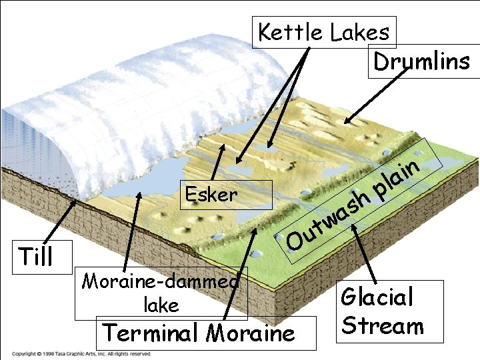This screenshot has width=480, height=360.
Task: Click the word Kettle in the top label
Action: (x=288, y=32)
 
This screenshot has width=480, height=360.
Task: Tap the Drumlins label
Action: (x=421, y=62)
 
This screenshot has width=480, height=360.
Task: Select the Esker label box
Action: (x=211, y=195)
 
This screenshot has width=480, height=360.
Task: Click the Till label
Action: (x=36, y=255)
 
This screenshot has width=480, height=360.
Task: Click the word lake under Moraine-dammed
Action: (x=161, y=305)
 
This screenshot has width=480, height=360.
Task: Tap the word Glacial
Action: (x=377, y=297)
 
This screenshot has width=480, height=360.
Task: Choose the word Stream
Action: (x=381, y=326)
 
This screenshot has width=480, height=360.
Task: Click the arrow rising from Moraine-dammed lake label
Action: (x=134, y=227)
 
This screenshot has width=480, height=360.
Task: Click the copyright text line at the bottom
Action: (x=80, y=354)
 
